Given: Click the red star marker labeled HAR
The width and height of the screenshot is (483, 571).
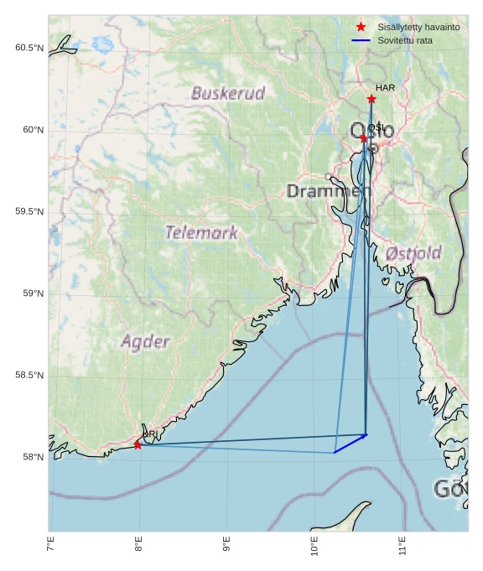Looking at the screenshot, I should (371, 99).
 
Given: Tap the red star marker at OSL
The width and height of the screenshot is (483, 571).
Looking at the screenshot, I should (364, 138).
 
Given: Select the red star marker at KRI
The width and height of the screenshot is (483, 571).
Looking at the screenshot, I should (138, 444).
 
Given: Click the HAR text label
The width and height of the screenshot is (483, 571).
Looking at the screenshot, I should (385, 87).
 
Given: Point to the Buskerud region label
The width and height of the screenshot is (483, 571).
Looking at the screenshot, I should (228, 93).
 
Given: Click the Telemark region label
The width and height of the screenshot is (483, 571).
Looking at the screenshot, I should (201, 232).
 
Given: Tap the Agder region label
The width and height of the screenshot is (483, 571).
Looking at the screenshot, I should (145, 341).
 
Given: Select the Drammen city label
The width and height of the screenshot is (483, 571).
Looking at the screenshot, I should (328, 191).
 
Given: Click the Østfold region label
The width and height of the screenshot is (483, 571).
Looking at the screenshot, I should (413, 252).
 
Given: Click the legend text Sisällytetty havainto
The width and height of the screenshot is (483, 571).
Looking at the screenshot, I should (418, 27).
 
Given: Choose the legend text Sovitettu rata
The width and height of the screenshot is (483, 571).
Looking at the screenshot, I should (405, 40).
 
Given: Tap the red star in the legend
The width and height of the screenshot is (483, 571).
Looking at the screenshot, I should (361, 27).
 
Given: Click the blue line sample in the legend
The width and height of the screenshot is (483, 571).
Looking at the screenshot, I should (361, 40).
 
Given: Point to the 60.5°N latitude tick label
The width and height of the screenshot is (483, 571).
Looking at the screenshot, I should (29, 48).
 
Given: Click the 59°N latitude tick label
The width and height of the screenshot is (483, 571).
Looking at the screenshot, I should (31, 293).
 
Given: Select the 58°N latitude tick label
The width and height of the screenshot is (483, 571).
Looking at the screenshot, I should (31, 457).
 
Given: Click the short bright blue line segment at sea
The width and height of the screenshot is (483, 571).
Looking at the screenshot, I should (351, 444).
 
